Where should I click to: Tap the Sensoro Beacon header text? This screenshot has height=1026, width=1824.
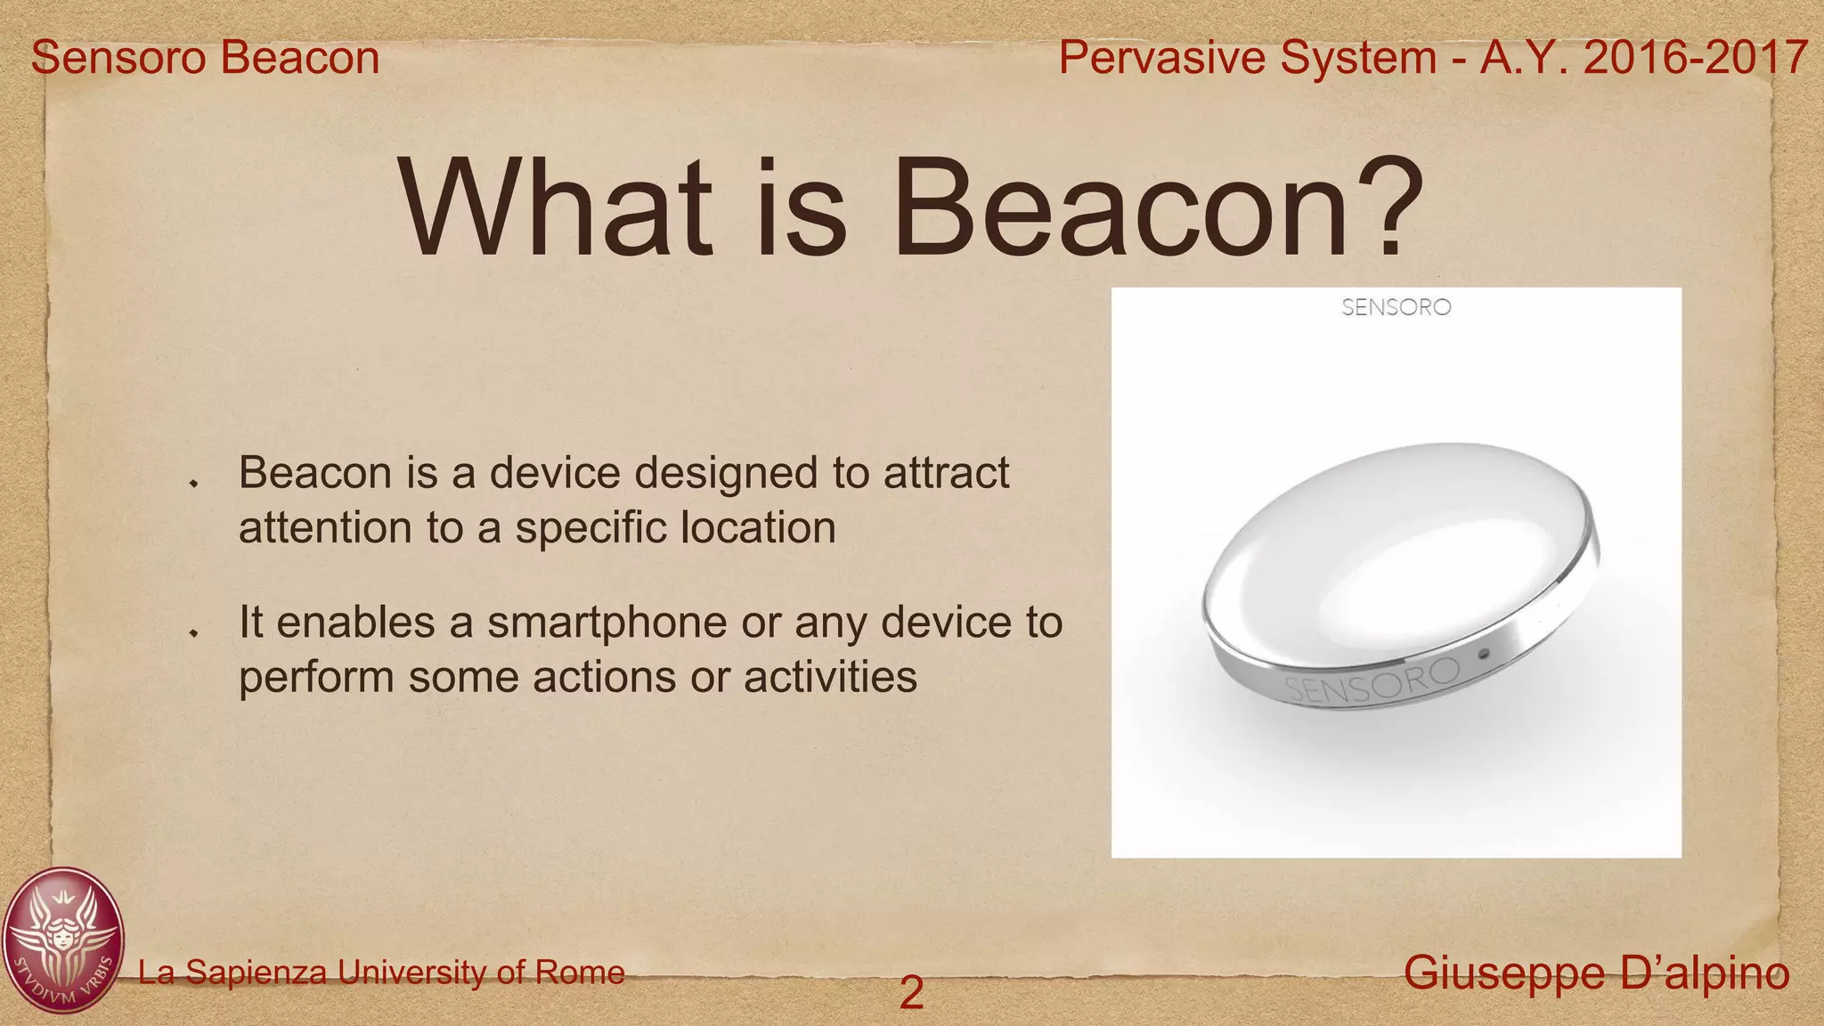point(206,58)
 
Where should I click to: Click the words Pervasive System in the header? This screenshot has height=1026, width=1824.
point(1247,58)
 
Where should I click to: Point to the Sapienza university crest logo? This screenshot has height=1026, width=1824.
point(62,940)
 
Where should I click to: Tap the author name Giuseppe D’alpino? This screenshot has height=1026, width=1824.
point(1596,973)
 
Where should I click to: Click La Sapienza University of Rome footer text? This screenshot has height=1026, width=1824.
point(381,972)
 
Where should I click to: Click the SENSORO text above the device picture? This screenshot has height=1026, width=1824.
point(1396,307)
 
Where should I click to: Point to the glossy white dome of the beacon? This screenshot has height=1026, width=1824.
point(1389,552)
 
